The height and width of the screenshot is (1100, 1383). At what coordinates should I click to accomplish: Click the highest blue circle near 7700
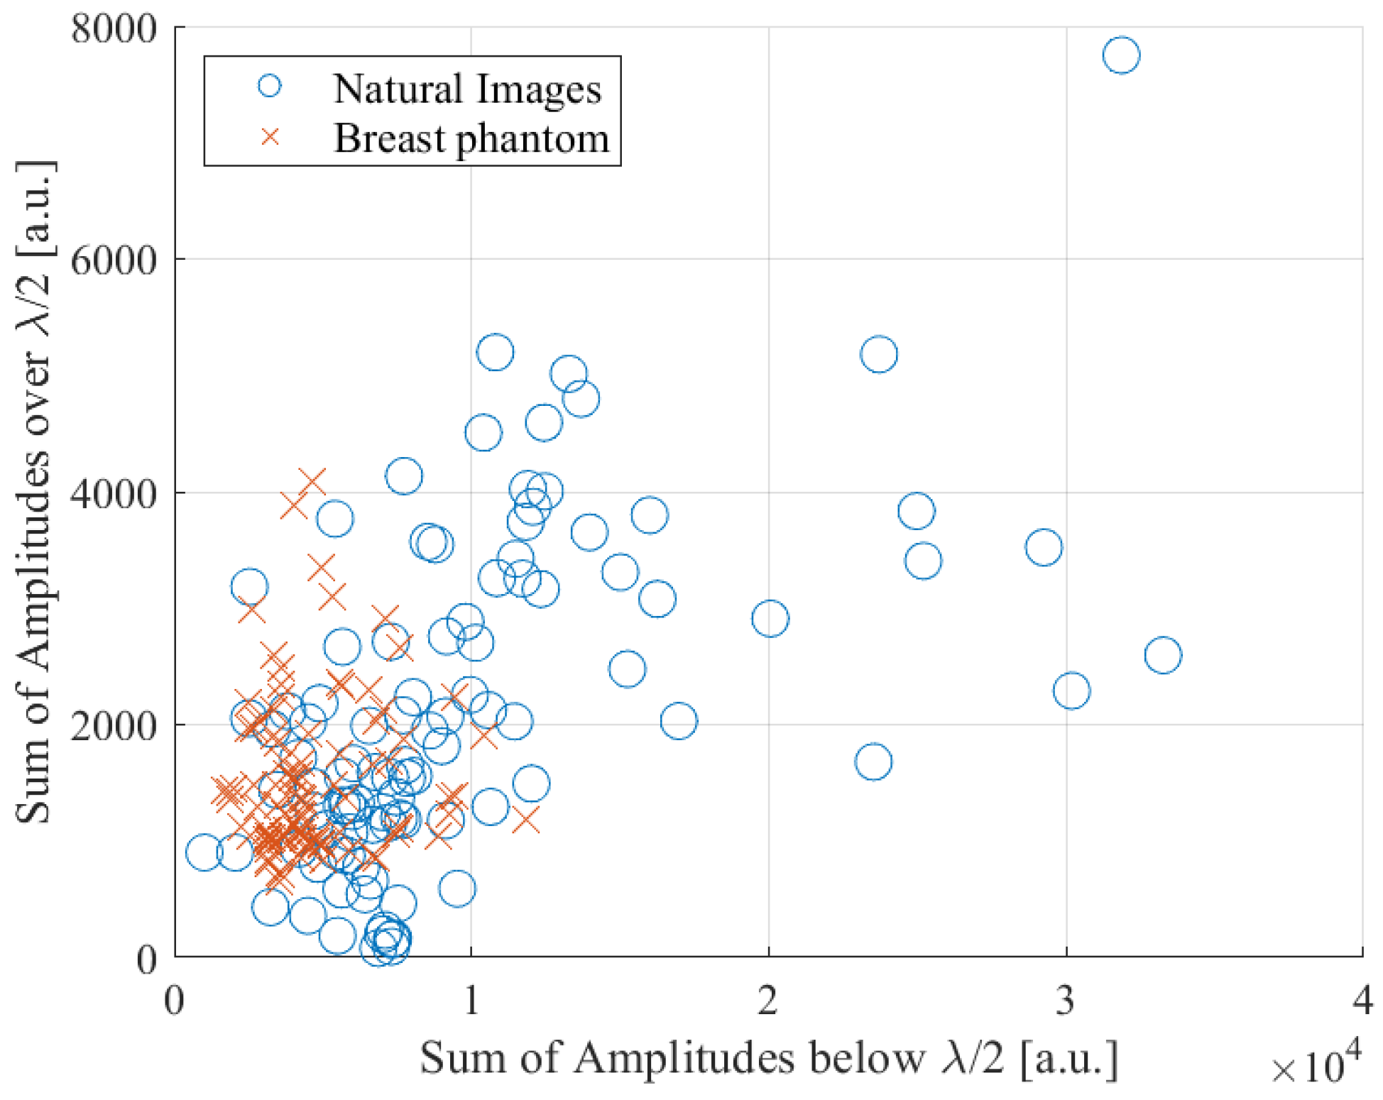1121,55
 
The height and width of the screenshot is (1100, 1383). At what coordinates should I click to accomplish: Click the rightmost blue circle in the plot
1163,655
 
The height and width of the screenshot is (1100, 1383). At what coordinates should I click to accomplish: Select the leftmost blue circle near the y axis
204,852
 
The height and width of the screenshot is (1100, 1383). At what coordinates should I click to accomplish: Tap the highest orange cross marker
312,483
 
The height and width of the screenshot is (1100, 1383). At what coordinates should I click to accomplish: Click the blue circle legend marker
269,87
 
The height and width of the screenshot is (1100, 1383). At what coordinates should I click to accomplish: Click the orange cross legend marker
270,136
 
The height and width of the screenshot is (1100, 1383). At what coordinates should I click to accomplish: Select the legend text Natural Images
467,89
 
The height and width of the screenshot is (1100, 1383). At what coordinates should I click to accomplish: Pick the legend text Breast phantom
471,138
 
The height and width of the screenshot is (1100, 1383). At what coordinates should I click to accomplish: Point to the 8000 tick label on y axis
114,30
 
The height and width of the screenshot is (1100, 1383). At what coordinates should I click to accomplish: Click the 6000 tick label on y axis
114,260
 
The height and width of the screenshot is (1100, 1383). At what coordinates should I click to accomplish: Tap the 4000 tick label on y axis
114,493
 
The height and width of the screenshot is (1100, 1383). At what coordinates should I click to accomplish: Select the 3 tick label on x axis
1065,1001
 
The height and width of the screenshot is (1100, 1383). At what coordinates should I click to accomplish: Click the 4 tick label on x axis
1362,1001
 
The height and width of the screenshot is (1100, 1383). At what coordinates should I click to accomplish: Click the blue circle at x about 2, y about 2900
770,619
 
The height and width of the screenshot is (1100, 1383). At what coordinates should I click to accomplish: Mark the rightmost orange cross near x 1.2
526,820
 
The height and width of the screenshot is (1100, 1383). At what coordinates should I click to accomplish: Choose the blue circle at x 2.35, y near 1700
873,762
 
